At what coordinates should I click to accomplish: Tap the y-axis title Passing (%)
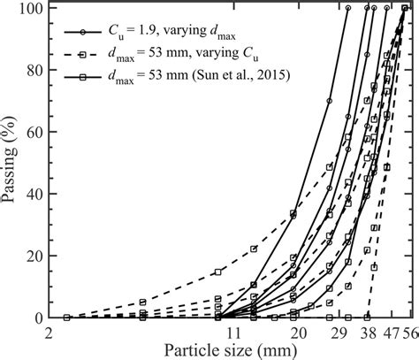(x=12, y=163)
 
